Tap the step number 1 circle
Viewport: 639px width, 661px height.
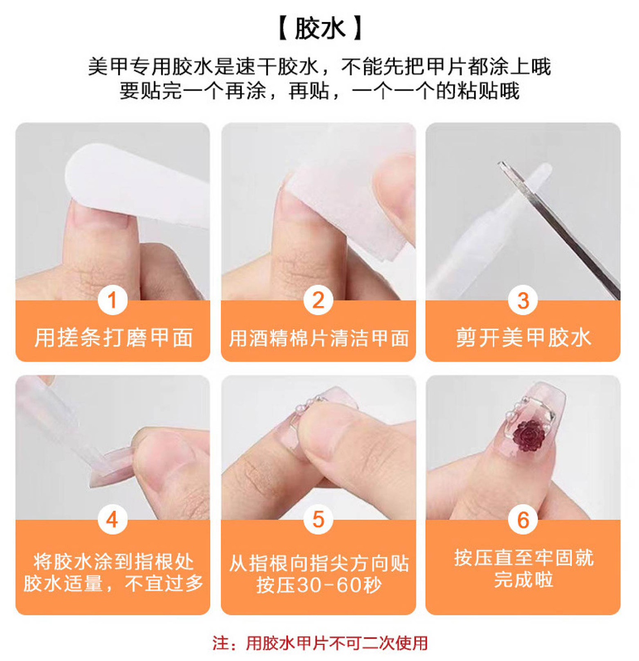[x=112, y=300]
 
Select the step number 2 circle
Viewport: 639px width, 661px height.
[x=318, y=300]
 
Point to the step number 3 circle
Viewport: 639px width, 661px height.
[x=523, y=300]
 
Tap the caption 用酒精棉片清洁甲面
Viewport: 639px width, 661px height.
[x=318, y=338]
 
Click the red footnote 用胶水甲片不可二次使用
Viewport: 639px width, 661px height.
[x=336, y=643]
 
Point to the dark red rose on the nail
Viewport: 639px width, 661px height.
[x=529, y=435]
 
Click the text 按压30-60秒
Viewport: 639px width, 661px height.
[x=319, y=585]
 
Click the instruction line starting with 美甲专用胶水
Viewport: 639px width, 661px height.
[x=320, y=66]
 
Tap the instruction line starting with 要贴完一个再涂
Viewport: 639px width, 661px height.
[x=320, y=91]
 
